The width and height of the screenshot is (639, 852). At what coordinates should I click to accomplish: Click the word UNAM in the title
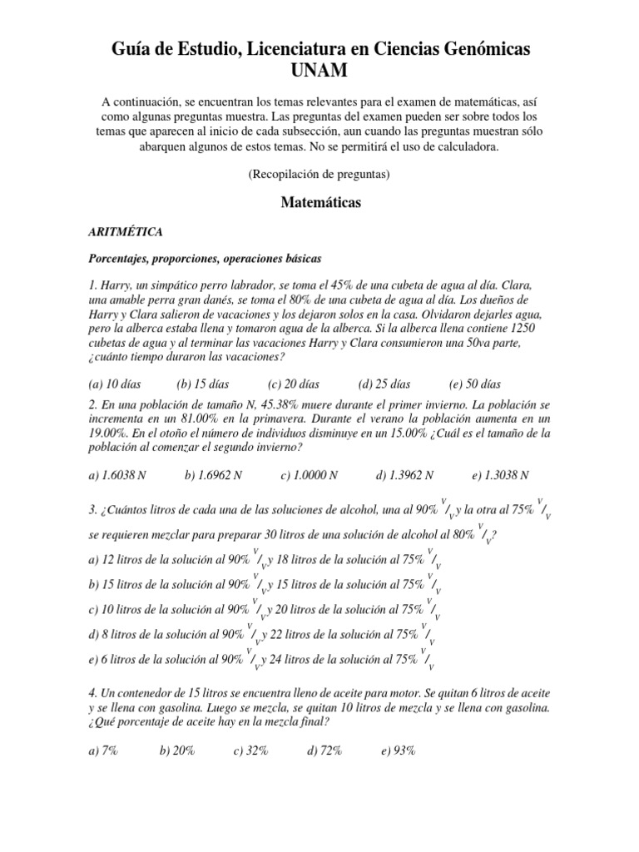click(x=319, y=73)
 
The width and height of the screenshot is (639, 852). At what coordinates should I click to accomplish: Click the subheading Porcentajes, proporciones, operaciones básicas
click(x=205, y=260)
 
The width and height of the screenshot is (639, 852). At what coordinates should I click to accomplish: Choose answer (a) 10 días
click(x=114, y=384)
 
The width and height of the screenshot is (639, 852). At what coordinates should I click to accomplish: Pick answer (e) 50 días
click(x=474, y=384)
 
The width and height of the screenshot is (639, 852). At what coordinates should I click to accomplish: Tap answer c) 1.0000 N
click(x=309, y=475)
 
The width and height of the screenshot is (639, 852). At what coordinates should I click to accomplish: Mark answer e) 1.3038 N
click(x=500, y=475)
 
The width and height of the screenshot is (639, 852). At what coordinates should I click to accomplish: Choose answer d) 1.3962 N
click(x=404, y=475)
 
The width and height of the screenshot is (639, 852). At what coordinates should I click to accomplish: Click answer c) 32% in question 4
click(x=250, y=750)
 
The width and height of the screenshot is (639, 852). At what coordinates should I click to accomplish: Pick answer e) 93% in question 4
click(x=398, y=750)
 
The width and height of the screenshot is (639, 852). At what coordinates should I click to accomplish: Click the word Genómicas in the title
click(x=470, y=50)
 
